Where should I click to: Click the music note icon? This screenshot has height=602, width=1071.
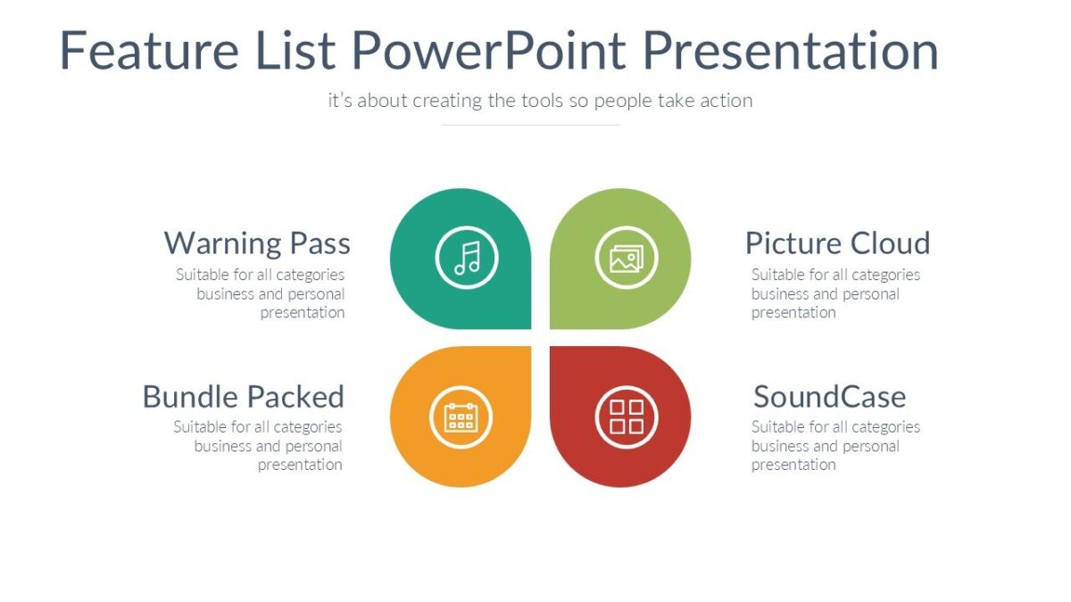click(467, 258)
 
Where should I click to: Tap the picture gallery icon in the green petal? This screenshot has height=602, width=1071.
click(627, 258)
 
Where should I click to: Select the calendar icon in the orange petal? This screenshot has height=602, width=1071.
click(461, 416)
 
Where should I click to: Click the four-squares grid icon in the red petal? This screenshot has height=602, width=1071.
click(627, 416)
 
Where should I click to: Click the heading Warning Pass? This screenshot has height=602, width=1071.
click(257, 243)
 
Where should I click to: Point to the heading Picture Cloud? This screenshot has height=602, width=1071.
click(837, 243)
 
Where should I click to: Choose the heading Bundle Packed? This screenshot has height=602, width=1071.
click(243, 396)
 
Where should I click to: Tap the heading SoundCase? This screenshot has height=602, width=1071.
click(829, 396)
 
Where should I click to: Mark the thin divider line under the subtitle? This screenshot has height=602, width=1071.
click(531, 125)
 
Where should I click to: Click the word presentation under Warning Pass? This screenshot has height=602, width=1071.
click(302, 313)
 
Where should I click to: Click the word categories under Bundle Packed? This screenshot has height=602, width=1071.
click(308, 427)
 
